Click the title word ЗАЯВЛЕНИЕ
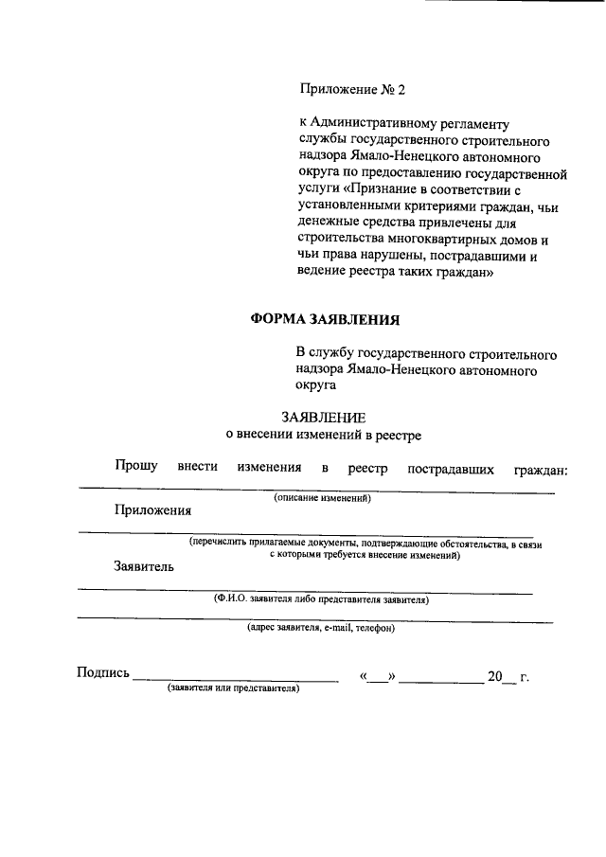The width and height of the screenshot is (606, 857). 324,418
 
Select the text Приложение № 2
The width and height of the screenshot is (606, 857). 351,90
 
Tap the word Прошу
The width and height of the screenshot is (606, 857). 136,468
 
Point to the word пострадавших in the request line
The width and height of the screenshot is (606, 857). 450,469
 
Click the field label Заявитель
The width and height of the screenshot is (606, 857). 143,567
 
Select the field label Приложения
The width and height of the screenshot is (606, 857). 153,509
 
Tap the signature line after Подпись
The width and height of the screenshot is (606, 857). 235,678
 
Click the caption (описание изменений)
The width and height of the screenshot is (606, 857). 322,497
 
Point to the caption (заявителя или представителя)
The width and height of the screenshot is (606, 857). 233,688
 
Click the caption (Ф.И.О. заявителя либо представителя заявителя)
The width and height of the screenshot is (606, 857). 322,599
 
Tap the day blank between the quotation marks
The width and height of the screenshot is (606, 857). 378,678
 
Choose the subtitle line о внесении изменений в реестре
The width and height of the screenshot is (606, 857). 322,435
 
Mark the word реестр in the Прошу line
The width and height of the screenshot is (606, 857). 368,469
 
